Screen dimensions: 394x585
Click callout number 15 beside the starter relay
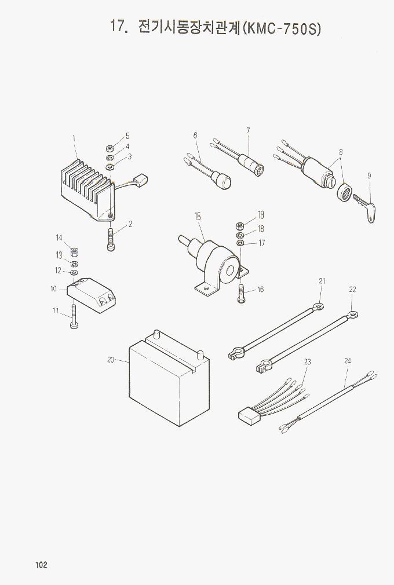click(x=198, y=217)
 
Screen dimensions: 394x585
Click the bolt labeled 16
click(x=242, y=294)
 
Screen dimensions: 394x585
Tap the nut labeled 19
click(x=240, y=225)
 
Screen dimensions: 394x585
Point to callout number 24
click(x=348, y=361)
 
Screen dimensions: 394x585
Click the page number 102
click(x=41, y=565)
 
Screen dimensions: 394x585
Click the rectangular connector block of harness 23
click(x=250, y=415)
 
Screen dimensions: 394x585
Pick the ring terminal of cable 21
click(x=318, y=306)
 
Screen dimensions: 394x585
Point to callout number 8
click(x=341, y=152)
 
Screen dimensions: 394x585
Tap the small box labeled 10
click(x=92, y=294)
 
